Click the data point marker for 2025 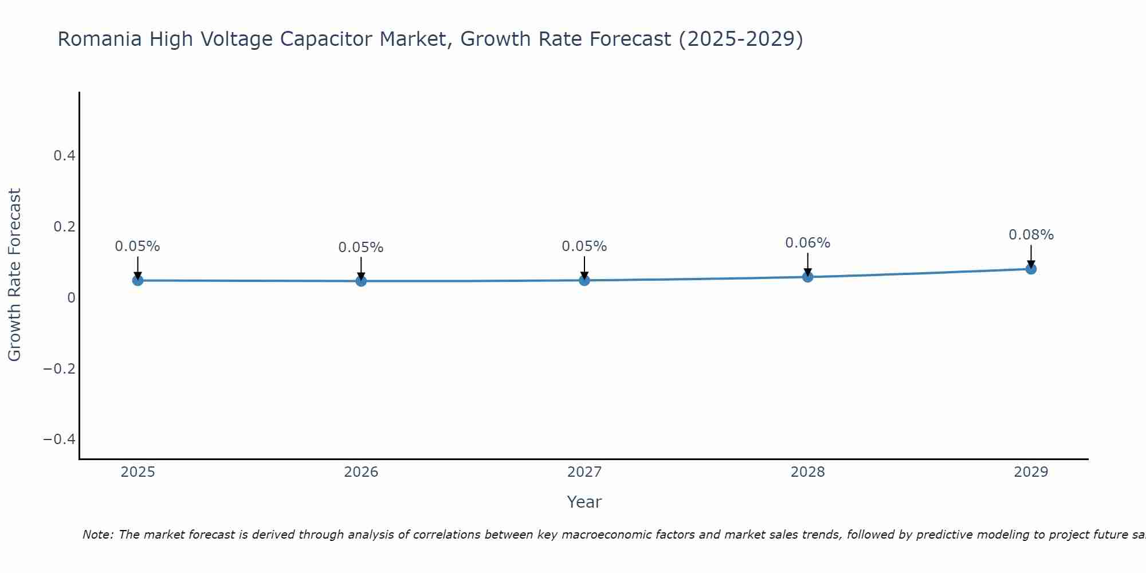138,280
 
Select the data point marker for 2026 361,281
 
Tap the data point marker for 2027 584,280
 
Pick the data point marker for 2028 807,277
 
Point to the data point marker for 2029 1031,269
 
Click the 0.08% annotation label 1031,235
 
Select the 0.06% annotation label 807,243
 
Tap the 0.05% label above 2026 361,248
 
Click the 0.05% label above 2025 138,246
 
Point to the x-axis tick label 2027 584,472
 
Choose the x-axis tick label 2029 1031,472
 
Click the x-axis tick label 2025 138,472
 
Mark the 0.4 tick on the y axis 64,156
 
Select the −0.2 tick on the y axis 60,368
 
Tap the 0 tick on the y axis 71,297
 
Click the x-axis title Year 584,502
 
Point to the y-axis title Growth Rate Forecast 14,275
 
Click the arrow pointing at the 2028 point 807,264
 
